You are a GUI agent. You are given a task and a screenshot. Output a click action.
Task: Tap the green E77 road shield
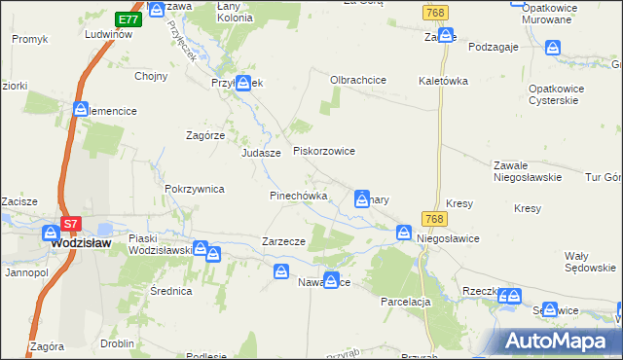(x=127, y=19)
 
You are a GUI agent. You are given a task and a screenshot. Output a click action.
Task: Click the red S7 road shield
(x=70, y=224)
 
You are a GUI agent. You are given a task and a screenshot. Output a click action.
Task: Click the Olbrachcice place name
(x=359, y=80)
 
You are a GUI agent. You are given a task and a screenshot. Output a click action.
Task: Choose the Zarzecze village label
(x=284, y=241)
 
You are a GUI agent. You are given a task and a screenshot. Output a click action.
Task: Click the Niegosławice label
(x=450, y=236)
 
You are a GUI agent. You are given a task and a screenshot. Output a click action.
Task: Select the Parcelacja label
(x=406, y=302)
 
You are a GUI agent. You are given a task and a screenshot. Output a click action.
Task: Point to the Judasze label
(x=261, y=154)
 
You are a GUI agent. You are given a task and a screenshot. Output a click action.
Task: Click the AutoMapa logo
(x=557, y=341)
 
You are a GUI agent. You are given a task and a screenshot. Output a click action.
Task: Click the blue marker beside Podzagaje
(x=553, y=47)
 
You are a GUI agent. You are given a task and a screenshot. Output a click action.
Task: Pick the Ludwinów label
(x=108, y=34)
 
